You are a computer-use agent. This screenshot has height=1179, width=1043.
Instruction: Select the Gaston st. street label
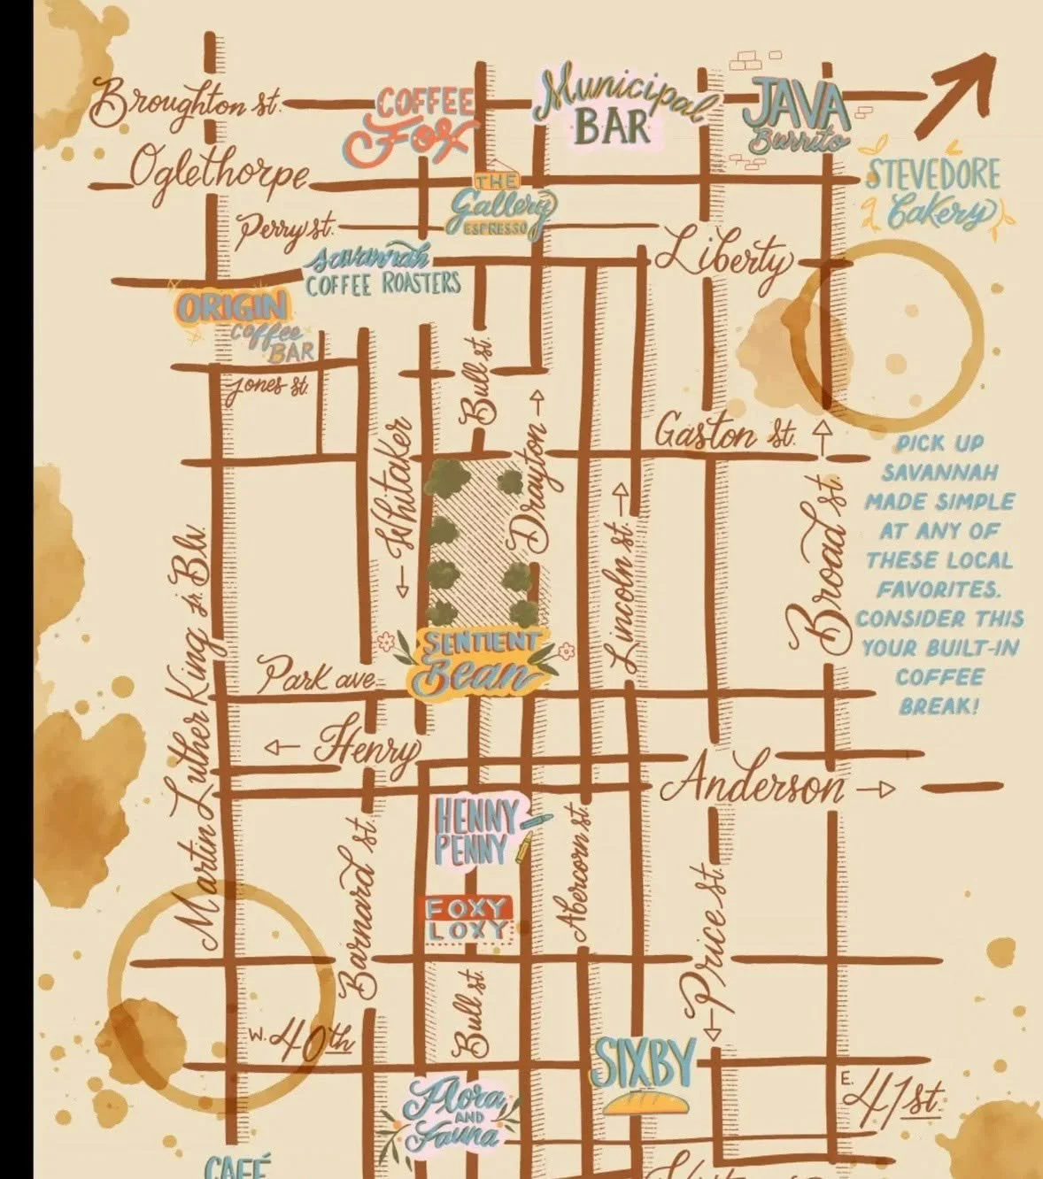point(724,435)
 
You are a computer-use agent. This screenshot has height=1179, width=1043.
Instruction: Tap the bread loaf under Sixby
point(644,1102)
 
